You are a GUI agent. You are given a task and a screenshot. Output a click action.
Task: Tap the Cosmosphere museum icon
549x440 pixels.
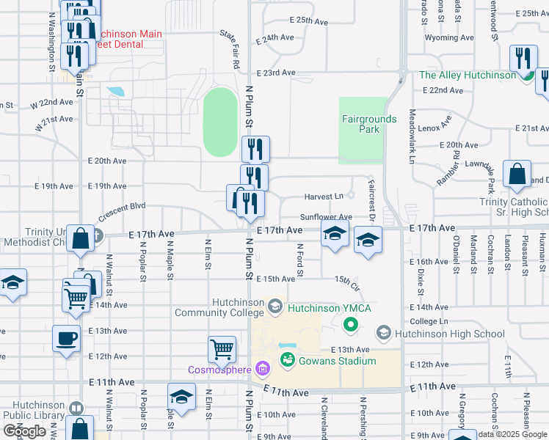pos(263,368)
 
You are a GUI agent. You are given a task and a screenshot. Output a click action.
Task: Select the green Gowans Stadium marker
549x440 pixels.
pos(287,360)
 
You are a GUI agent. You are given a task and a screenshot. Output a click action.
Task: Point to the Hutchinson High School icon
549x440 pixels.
pos(383,334)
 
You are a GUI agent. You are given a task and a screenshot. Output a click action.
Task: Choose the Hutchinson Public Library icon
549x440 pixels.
pos(75,408)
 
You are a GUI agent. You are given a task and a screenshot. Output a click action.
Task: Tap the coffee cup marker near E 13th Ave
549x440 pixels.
pos(66,338)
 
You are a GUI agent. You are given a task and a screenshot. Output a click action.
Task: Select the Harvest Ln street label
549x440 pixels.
pos(324,197)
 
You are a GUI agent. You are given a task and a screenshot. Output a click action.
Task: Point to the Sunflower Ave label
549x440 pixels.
pos(326,218)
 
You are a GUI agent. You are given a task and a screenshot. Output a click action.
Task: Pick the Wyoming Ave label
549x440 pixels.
pos(449,37)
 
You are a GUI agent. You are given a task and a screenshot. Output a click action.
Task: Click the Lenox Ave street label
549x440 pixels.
pos(439,128)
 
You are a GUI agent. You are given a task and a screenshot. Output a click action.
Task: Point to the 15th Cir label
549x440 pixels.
pos(346,281)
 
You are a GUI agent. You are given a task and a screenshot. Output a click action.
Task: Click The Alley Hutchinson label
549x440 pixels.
pos(468,76)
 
